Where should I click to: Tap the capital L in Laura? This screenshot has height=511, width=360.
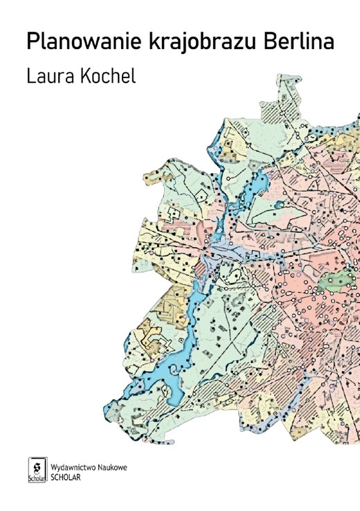(30, 76)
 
